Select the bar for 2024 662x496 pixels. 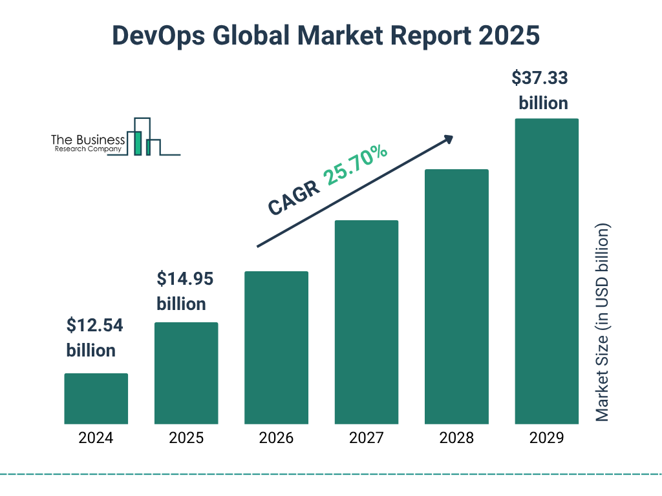(96, 398)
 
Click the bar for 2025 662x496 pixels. (186, 373)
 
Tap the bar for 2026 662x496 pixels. (276, 347)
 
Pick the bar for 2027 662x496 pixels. (366, 322)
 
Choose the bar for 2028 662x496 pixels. (456, 296)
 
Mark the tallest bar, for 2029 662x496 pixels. (546, 271)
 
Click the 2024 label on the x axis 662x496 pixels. (96, 439)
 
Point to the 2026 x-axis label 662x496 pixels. (276, 439)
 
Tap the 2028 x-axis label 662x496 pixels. (456, 439)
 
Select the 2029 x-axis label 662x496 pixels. (546, 439)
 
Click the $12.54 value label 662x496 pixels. (94, 326)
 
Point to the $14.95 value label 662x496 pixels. (185, 280)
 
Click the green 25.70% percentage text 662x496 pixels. (356, 165)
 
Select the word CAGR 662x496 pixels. (294, 198)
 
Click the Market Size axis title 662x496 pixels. (603, 323)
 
